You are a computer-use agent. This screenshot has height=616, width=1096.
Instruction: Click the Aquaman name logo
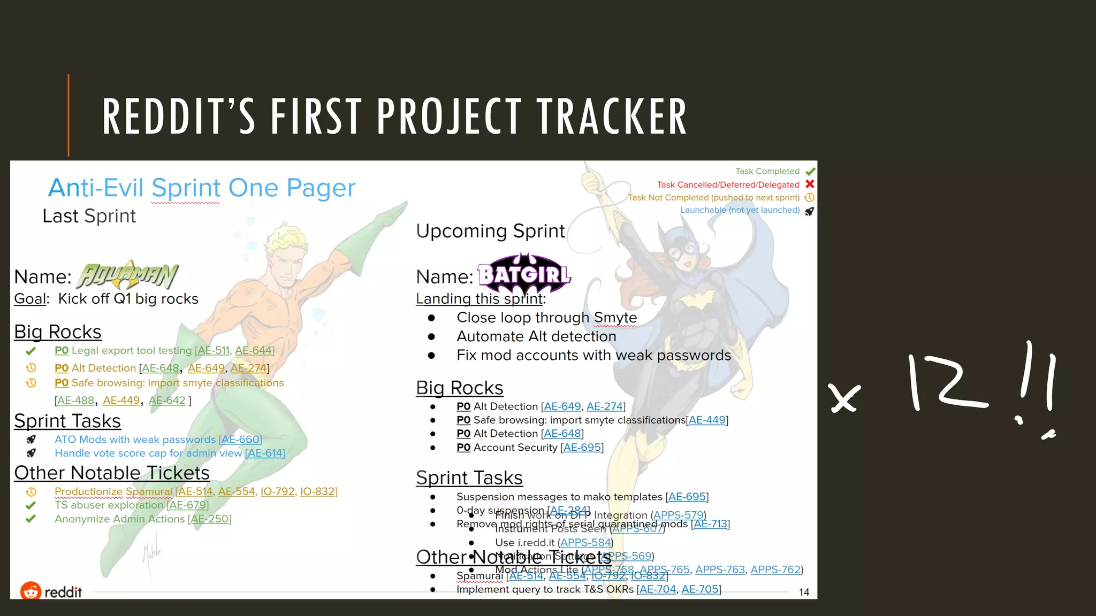(127, 275)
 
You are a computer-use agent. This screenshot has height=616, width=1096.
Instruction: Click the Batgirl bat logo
(524, 274)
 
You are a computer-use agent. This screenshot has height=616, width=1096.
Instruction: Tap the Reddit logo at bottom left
(51, 591)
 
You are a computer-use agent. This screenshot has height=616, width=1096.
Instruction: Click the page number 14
(803, 592)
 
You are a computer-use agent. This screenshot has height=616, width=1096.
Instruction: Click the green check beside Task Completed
(810, 172)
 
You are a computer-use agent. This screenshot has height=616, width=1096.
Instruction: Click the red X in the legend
(810, 184)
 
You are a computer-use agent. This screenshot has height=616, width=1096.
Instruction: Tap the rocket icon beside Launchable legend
(809, 211)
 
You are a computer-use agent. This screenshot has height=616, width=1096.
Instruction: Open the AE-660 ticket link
(240, 440)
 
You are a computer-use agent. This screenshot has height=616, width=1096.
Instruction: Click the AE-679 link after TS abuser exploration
(188, 505)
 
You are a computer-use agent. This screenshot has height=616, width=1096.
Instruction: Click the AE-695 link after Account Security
(582, 448)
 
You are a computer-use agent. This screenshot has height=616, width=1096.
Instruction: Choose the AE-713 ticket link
(711, 524)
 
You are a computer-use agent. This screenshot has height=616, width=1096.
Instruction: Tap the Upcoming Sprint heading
(490, 231)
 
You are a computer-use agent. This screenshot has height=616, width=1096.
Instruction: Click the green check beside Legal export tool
(31, 351)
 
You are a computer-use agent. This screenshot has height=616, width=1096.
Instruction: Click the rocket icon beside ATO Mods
(31, 440)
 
